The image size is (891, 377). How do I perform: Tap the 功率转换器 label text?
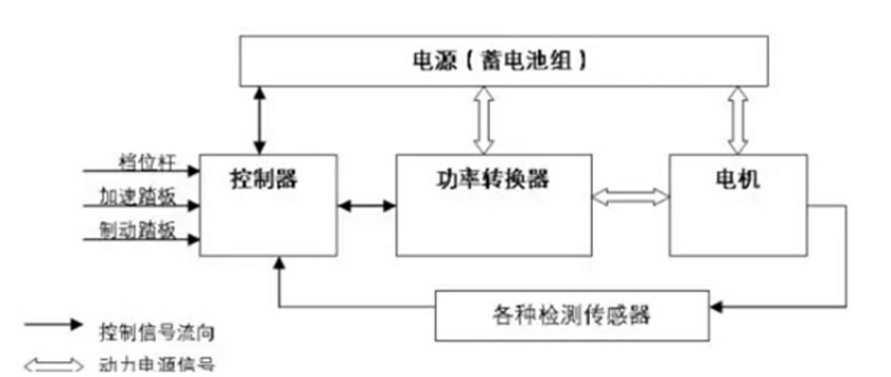click(493, 179)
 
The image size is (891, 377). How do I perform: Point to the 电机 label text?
click(737, 179)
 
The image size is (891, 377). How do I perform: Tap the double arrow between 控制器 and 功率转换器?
click(366, 206)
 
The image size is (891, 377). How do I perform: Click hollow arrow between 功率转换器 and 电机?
click(630, 196)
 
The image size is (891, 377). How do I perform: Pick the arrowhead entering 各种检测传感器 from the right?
click(717, 305)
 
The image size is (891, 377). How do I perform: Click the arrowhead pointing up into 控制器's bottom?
click(278, 262)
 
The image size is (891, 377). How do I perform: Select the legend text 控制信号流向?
click(156, 332)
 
